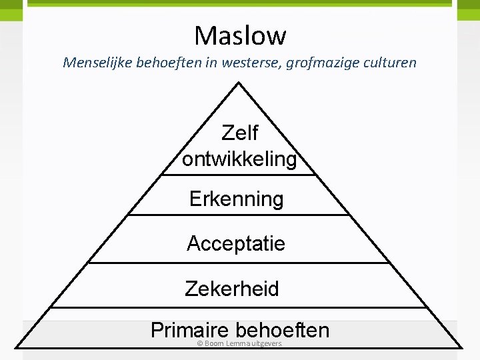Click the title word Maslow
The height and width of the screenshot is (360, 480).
point(240,35)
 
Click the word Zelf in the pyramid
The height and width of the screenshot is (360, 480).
point(239,133)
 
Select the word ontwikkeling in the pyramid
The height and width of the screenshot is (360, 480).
point(239,159)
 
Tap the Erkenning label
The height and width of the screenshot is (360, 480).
point(237,199)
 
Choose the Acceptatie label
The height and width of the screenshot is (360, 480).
point(236,243)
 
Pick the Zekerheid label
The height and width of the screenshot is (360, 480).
point(232,289)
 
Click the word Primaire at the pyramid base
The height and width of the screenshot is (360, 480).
point(190,330)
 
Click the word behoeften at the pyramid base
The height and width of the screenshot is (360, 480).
point(283,330)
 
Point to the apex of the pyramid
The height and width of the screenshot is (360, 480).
point(239,83)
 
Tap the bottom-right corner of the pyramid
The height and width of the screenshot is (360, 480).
point(460,346)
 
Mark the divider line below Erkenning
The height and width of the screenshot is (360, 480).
point(239,215)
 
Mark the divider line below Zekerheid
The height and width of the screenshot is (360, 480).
point(239,307)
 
